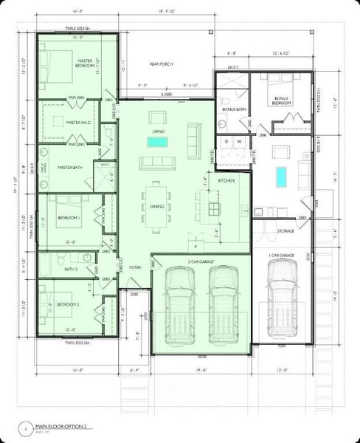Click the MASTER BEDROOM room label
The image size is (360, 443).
point(86,63)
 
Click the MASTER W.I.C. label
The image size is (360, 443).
point(77,123)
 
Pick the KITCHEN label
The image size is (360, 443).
point(226,179)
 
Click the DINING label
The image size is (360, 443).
point(158,207)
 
